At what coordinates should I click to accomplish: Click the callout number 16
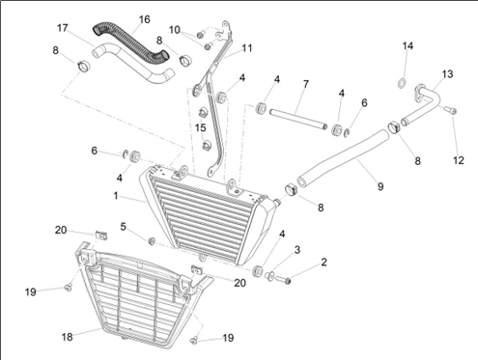click(x=145, y=19)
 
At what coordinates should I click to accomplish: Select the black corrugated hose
click(x=130, y=42)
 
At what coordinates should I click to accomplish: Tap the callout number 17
click(x=63, y=28)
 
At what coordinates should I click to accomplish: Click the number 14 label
click(x=408, y=46)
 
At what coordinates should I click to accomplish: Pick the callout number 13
click(x=447, y=74)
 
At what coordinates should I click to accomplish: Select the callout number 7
click(x=306, y=84)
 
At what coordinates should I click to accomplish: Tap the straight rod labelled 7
click(x=298, y=119)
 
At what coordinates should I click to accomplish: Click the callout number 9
click(x=380, y=186)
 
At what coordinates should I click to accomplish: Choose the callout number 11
click(x=247, y=48)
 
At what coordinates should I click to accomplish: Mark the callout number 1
click(x=116, y=195)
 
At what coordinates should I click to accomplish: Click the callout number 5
click(x=124, y=227)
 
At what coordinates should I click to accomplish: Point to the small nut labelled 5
click(x=152, y=240)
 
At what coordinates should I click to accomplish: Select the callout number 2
click(x=323, y=263)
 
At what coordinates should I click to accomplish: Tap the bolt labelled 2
click(x=283, y=280)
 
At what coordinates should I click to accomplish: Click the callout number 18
click(x=68, y=337)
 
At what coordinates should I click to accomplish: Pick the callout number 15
click(x=200, y=127)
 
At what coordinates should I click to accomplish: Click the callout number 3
click(x=297, y=250)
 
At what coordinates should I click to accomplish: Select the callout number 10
click(x=175, y=30)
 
